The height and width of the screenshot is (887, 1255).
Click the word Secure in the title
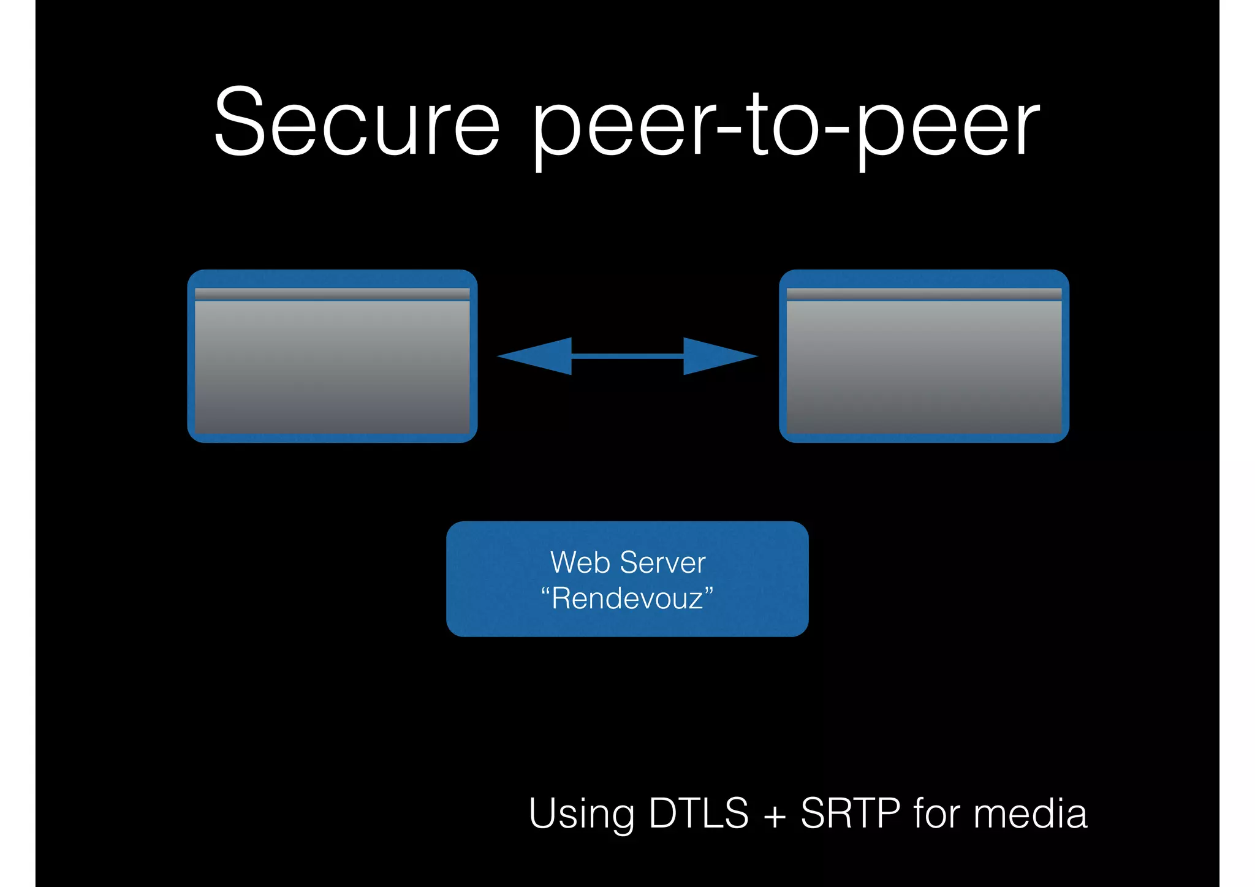357,123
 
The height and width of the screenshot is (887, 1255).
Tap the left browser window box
332,368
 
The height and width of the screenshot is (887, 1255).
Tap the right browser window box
924,368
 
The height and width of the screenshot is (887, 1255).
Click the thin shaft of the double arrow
627,356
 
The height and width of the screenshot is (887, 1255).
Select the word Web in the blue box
580,562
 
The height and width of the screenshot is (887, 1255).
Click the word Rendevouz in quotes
627,598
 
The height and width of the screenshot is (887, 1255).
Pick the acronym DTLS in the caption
699,813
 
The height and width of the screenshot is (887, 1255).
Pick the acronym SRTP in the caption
851,813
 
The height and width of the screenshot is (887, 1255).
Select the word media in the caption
1031,813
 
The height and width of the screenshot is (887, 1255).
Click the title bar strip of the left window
332,294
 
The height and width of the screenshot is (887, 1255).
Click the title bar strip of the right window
924,294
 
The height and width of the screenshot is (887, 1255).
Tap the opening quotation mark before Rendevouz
545,589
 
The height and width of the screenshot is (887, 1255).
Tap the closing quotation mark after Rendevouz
709,589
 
